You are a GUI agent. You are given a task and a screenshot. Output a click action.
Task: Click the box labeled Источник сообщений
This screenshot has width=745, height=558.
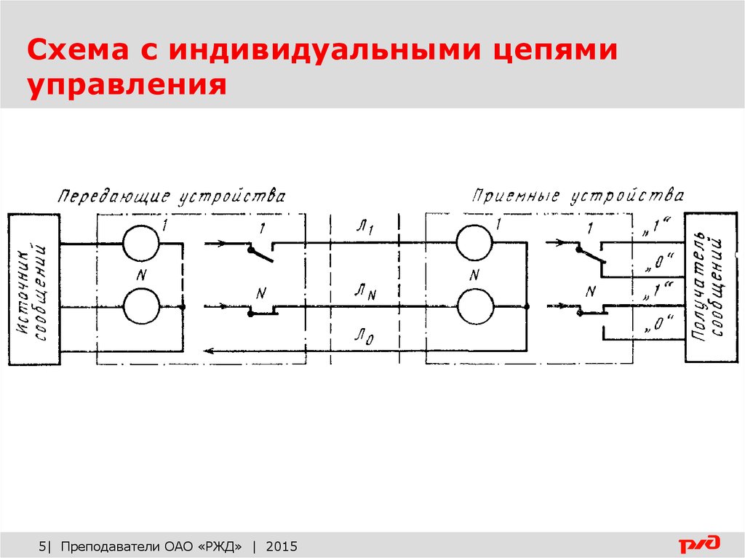tap(34, 290)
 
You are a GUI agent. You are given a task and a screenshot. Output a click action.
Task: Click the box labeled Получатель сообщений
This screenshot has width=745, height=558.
tap(711, 287)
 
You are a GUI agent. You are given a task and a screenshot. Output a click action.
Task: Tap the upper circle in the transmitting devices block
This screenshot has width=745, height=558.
tap(140, 243)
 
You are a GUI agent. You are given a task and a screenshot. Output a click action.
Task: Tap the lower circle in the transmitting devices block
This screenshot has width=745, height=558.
tap(141, 306)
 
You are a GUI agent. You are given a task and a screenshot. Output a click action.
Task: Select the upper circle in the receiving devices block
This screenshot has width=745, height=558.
tap(474, 242)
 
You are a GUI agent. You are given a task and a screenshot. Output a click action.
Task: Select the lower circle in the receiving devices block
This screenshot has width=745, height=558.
tap(475, 306)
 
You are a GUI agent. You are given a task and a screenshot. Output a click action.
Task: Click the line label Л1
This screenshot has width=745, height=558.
tap(365, 228)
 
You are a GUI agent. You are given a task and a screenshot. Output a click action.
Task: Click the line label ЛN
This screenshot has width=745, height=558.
tap(365, 291)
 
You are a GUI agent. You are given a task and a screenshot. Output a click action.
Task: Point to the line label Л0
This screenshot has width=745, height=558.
tap(364, 337)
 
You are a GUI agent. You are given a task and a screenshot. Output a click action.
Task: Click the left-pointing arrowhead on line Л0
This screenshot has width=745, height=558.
tap(209, 351)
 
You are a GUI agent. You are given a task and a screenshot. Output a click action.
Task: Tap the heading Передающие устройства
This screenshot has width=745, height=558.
tap(172, 196)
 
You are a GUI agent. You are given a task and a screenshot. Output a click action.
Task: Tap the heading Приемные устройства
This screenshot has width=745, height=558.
tap(578, 196)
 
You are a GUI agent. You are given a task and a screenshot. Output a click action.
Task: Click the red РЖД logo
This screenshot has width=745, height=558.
tap(699, 543)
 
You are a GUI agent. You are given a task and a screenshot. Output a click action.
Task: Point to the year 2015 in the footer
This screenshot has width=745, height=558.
tap(282, 546)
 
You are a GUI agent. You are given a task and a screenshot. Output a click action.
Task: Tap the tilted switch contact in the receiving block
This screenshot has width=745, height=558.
tap(591, 255)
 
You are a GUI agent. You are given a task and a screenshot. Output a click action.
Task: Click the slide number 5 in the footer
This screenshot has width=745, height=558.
tap(42, 546)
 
